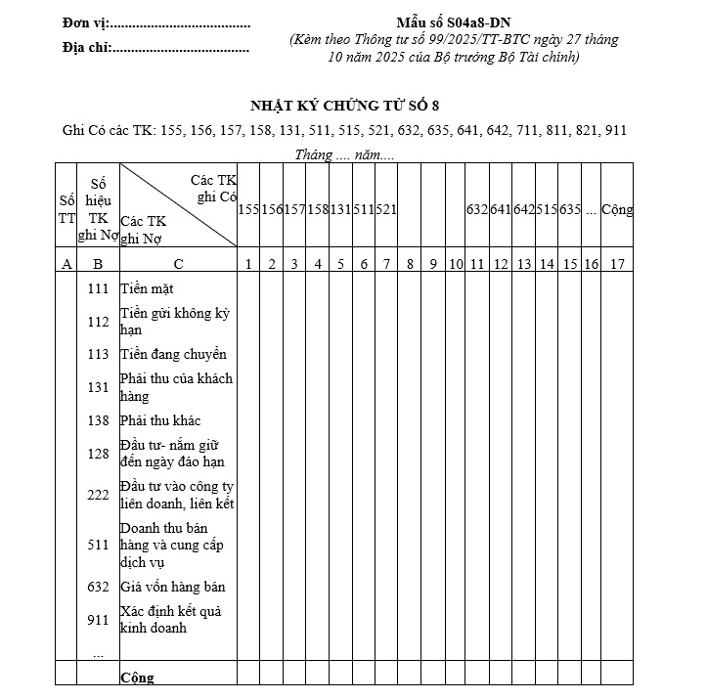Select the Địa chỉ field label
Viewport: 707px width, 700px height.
pyautogui.click(x=86, y=46)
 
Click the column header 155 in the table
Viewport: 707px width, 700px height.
pyautogui.click(x=248, y=209)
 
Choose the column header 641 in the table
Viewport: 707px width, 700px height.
pyautogui.click(x=500, y=209)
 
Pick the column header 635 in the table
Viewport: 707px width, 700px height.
pyautogui.click(x=570, y=209)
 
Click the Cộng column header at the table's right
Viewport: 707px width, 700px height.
pyautogui.click(x=617, y=209)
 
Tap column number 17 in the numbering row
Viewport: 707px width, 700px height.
pyautogui.click(x=617, y=263)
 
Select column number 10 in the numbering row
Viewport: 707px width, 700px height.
pyautogui.click(x=456, y=263)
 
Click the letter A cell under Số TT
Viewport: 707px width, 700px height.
pyautogui.click(x=66, y=263)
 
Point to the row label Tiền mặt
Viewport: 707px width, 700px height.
pyautogui.click(x=147, y=288)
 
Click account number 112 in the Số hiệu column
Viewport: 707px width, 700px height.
pyautogui.click(x=98, y=322)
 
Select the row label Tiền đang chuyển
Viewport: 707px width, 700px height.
pyautogui.click(x=173, y=354)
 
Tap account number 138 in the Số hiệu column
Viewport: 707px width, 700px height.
pyautogui.click(x=98, y=420)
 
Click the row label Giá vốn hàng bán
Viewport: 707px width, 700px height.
pyautogui.click(x=172, y=587)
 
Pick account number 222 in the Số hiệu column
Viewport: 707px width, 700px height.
pyautogui.click(x=98, y=496)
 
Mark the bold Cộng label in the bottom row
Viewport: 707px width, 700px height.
pyautogui.click(x=137, y=678)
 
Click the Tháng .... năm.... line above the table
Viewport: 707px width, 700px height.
pyautogui.click(x=345, y=154)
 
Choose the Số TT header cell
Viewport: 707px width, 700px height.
pyautogui.click(x=66, y=209)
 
